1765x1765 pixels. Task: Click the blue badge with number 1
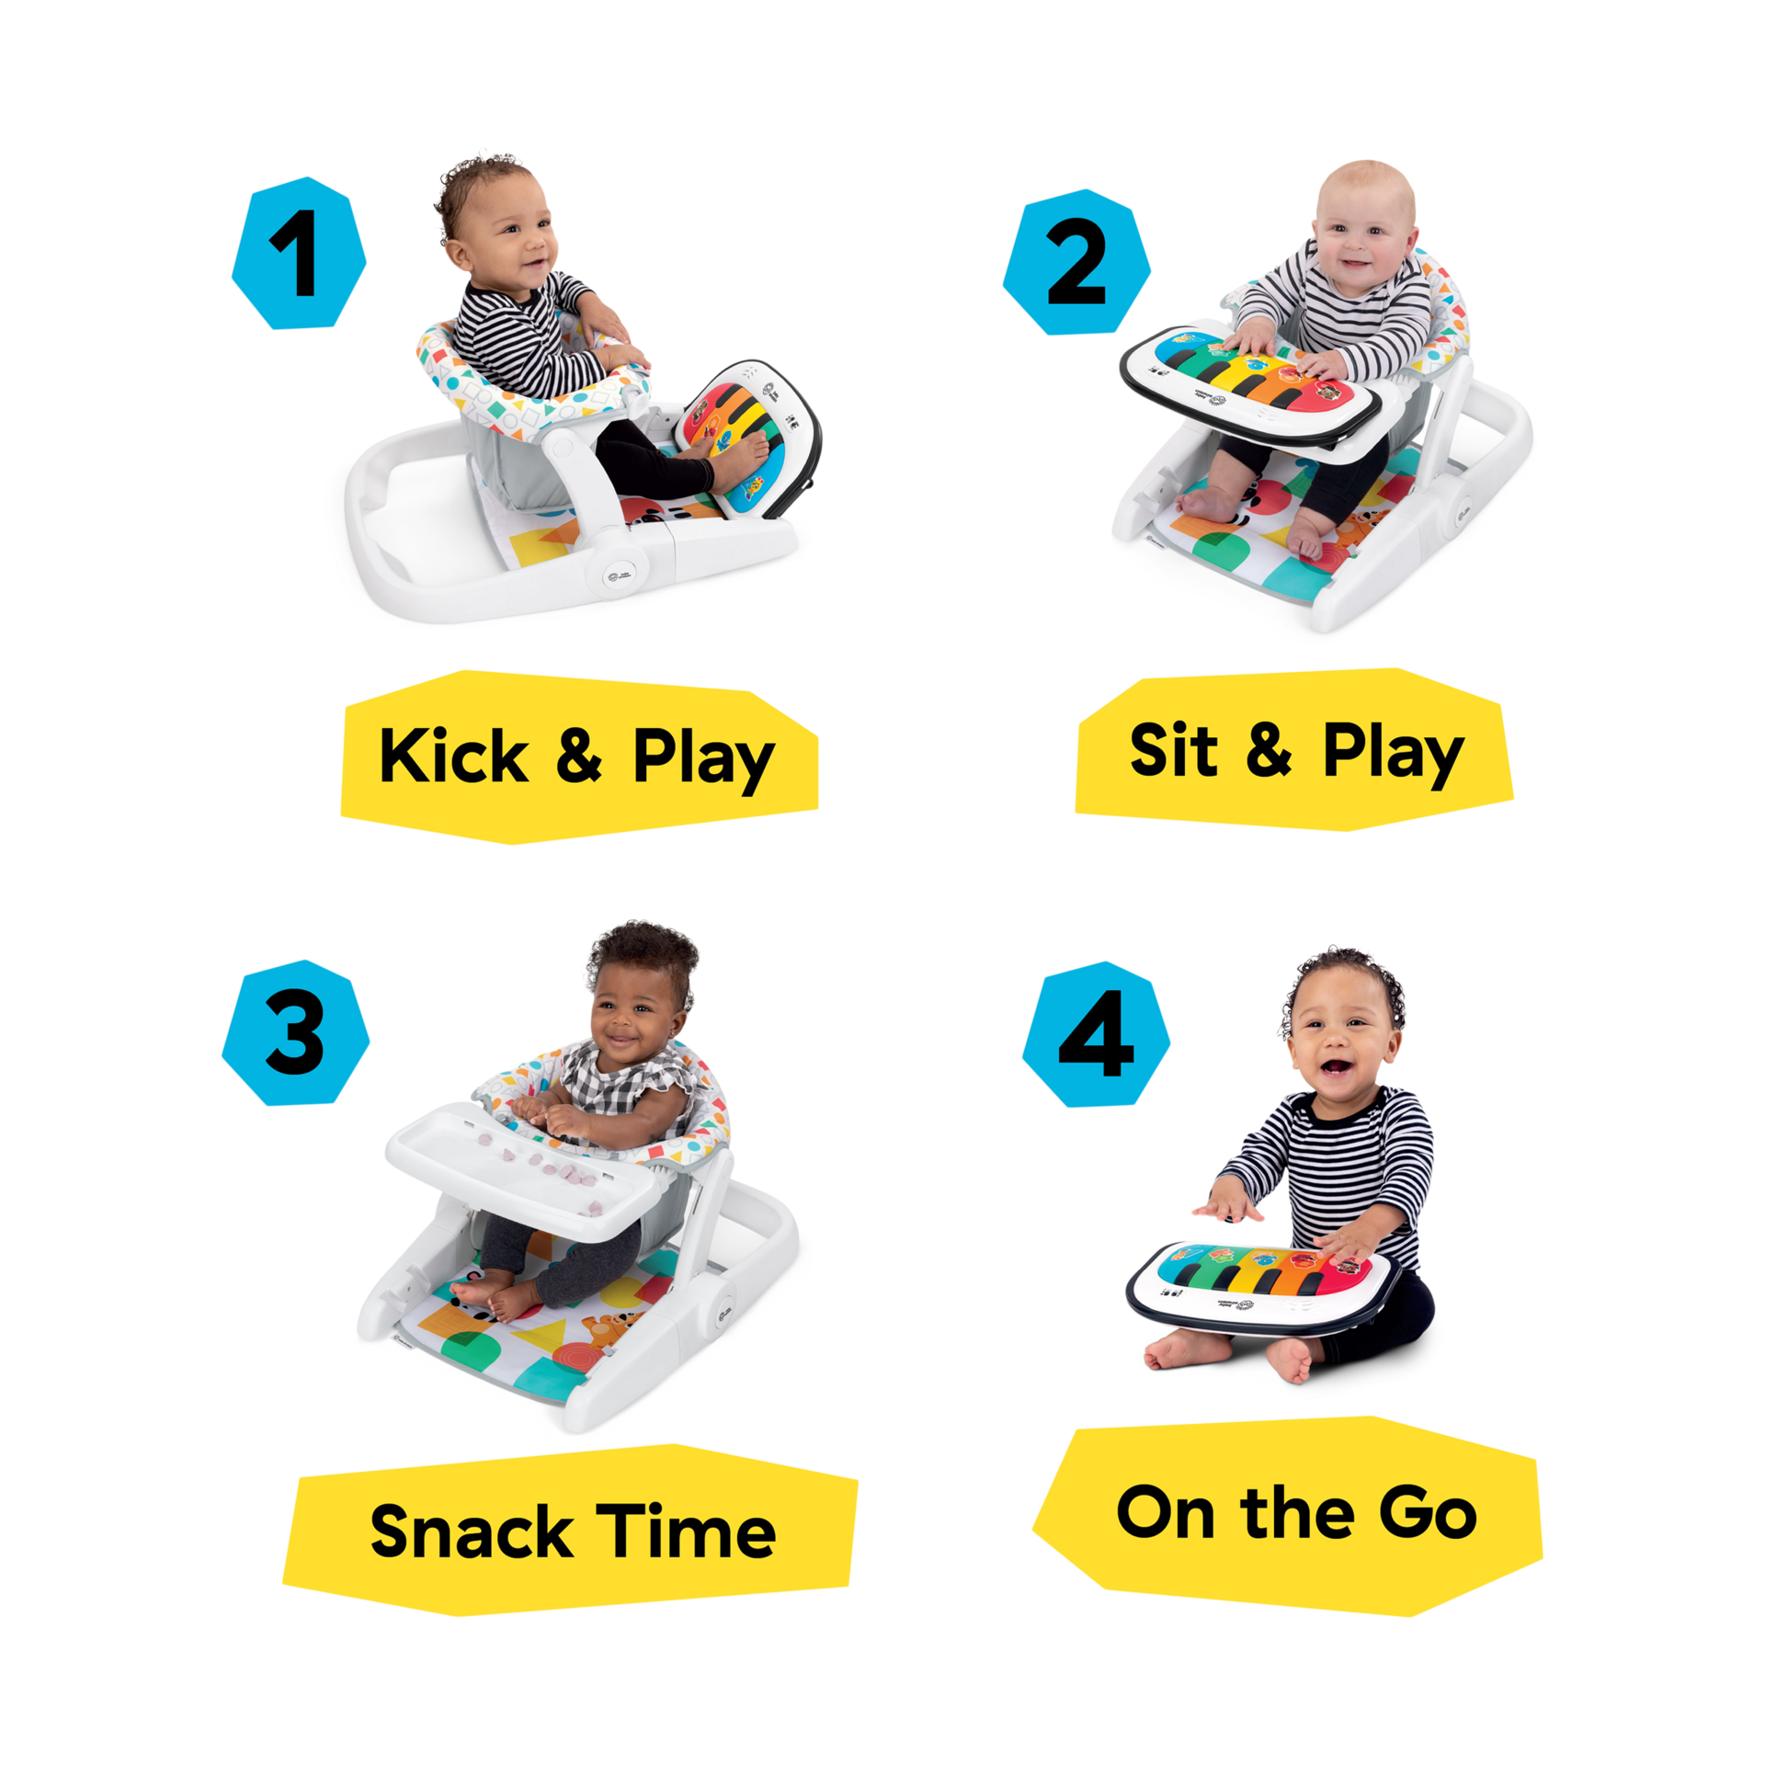pos(299,254)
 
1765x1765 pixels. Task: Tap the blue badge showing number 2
pos(1076,263)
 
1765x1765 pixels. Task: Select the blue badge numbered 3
pos(295,1033)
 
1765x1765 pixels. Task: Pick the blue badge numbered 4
pos(1096,1035)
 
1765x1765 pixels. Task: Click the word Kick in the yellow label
pos(452,756)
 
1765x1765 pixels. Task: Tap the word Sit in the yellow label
pos(1172,750)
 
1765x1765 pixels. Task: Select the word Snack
pos(471,1532)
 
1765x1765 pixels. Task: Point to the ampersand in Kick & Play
pos(579,756)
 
